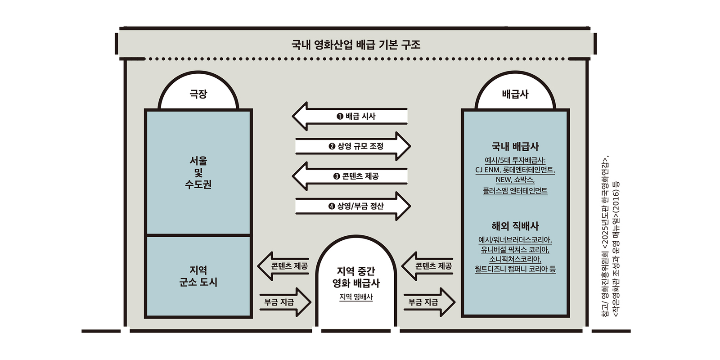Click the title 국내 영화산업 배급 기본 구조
click(x=356, y=45)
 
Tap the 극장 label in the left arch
click(x=198, y=94)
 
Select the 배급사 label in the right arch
click(x=515, y=94)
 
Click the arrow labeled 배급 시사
click(x=350, y=117)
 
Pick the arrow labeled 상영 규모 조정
click(x=353, y=146)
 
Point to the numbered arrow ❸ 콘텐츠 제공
click(x=350, y=176)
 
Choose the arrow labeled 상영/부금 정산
click(x=353, y=206)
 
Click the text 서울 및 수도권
click(x=198, y=173)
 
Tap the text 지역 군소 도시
click(x=198, y=276)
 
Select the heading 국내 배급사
click(x=515, y=147)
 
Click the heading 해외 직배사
click(x=515, y=226)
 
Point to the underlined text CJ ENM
click(x=487, y=170)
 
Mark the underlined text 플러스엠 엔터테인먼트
click(x=515, y=191)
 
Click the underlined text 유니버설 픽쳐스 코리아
click(x=515, y=250)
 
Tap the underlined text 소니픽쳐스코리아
click(x=515, y=259)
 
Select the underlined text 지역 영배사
click(x=356, y=297)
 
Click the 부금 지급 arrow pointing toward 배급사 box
click(x=429, y=302)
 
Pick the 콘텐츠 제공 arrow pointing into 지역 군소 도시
click(x=283, y=266)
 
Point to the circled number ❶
click(x=340, y=117)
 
